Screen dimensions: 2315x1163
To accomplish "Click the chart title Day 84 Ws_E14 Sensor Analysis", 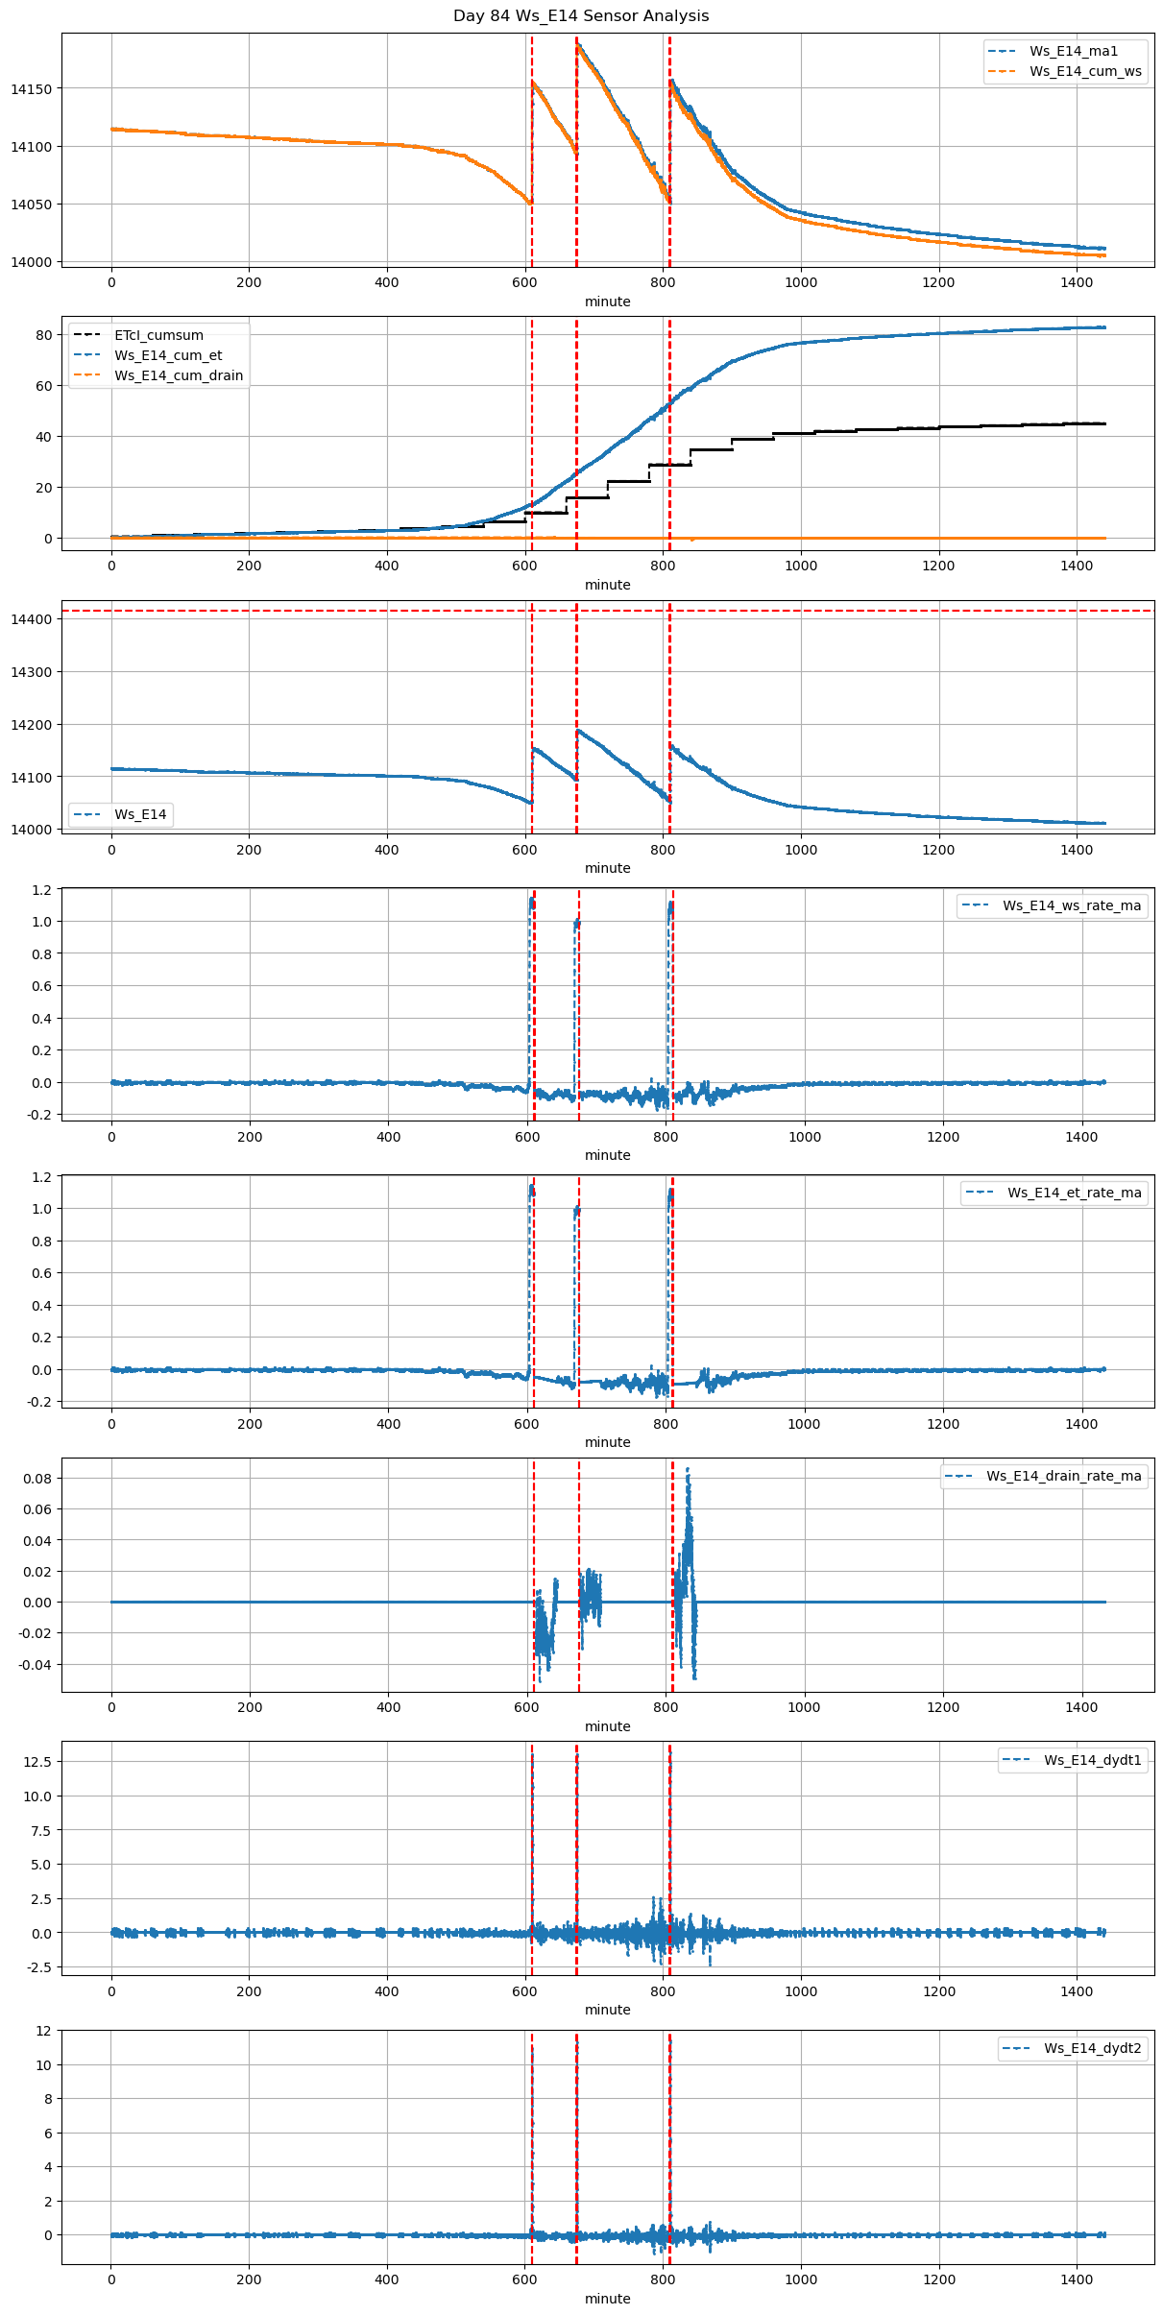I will (581, 15).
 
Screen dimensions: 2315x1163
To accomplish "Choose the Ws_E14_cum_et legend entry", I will (168, 355).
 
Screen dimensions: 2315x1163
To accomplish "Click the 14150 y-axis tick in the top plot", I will (31, 89).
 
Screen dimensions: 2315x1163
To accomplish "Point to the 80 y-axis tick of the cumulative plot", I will (44, 335).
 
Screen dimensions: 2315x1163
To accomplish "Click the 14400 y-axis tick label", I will (31, 619).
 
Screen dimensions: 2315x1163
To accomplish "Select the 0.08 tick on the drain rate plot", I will (37, 1479).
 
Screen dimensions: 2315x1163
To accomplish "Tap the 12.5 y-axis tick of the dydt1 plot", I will (37, 1762).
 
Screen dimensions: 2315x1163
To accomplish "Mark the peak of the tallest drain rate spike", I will (688, 1469).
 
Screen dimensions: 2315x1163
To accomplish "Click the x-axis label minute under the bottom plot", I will (608, 2299).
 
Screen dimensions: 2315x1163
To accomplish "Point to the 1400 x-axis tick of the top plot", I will (1077, 282).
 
